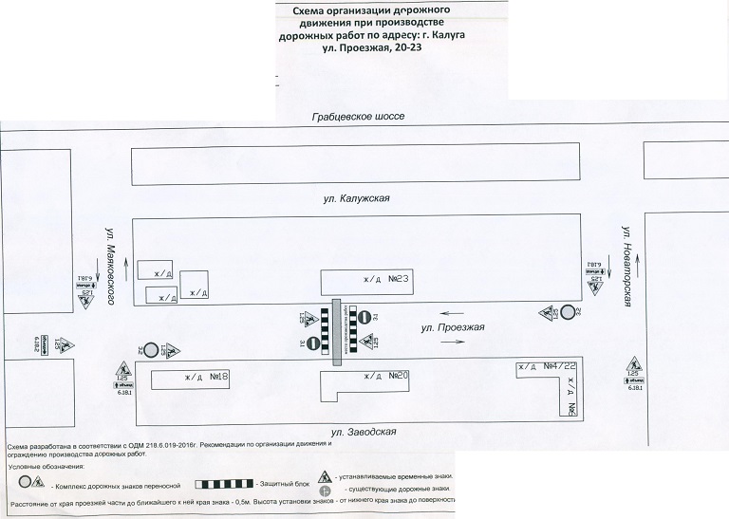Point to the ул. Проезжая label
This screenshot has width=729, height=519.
(453, 327)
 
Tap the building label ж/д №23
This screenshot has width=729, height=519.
(385, 280)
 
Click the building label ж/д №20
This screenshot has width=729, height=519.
(385, 376)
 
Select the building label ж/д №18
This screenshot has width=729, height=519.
(206, 377)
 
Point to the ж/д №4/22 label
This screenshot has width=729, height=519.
(547, 366)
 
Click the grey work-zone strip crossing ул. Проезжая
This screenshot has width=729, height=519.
(336, 332)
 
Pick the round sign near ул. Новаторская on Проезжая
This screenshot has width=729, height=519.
(568, 312)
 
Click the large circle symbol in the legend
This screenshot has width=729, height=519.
(26, 482)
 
